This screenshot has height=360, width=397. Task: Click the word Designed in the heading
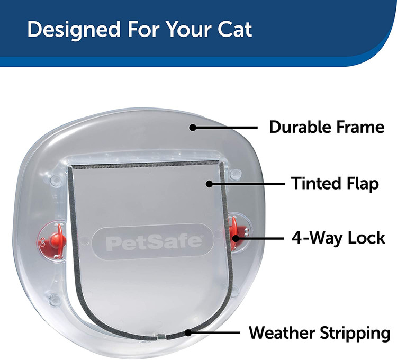click(x=74, y=30)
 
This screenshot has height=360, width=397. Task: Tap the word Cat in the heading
click(x=234, y=29)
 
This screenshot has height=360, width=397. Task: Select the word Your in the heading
click(x=189, y=29)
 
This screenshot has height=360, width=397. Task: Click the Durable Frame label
click(x=327, y=127)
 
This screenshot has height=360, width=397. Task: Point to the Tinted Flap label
click(x=335, y=184)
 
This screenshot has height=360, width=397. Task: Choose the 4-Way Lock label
click(x=338, y=238)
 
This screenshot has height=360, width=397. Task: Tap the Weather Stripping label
click(x=320, y=333)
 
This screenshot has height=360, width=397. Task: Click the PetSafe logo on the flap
click(x=154, y=242)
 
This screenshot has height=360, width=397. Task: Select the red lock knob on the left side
click(x=57, y=239)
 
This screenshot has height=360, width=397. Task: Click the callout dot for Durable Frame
click(x=193, y=128)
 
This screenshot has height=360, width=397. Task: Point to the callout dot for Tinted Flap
click(x=209, y=184)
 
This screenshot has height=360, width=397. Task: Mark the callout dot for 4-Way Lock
click(x=236, y=238)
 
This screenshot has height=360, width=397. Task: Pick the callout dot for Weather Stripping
click(x=188, y=332)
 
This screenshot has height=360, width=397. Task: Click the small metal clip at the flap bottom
click(x=161, y=336)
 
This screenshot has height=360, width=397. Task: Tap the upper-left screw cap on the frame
click(x=55, y=180)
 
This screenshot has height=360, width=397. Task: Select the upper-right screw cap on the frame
click(x=235, y=174)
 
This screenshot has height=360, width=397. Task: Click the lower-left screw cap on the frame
click(x=54, y=300)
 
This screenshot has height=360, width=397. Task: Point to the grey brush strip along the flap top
click(x=146, y=164)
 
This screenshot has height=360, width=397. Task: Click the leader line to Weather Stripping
click(x=214, y=332)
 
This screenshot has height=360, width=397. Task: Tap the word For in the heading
click(x=143, y=29)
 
